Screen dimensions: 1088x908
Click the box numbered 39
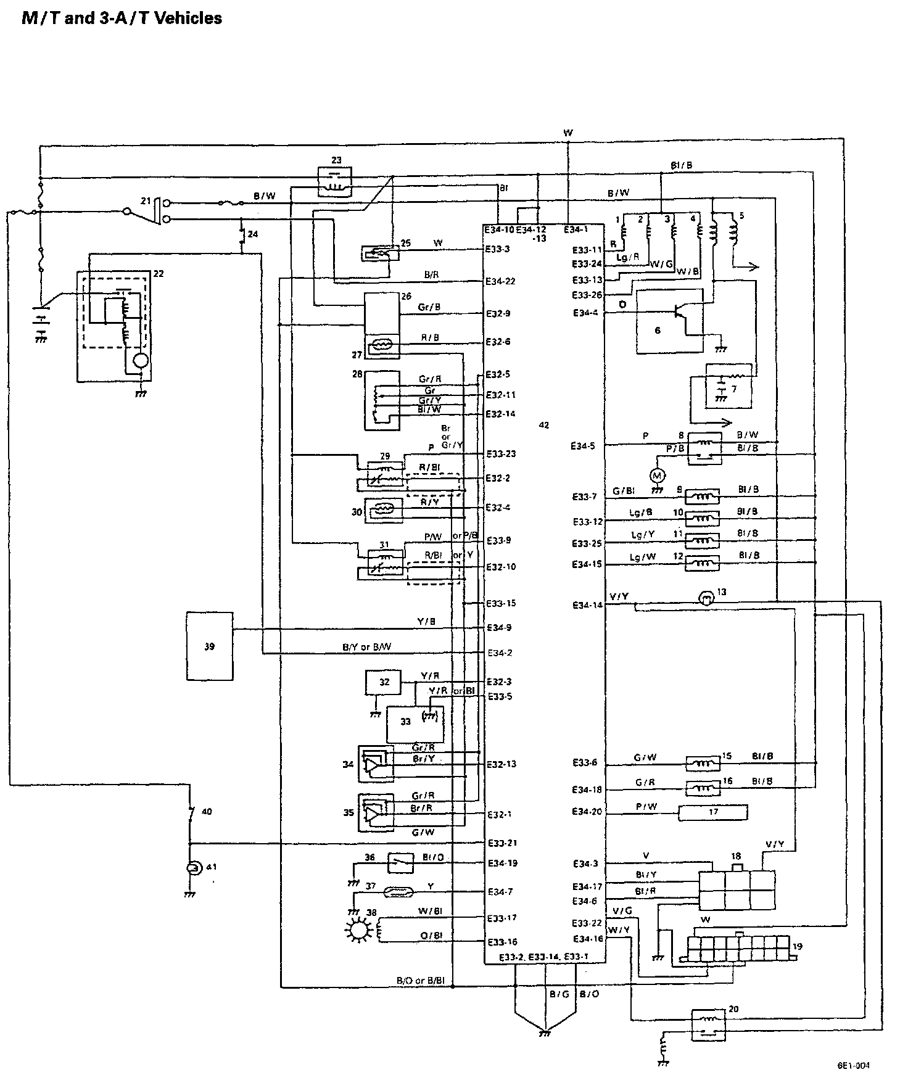coord(210,646)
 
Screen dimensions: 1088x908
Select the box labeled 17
coord(713,812)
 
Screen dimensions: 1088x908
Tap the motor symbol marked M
coord(657,475)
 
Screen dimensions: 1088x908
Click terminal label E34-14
coord(587,606)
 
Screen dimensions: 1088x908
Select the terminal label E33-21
coord(501,843)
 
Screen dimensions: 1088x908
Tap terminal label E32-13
coord(501,764)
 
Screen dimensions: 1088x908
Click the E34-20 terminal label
coord(587,812)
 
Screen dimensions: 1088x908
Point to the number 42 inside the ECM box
coord(543,425)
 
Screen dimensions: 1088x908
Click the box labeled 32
coord(384,683)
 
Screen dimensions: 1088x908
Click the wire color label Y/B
coord(426,622)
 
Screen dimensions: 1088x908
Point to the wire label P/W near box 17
coord(646,806)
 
